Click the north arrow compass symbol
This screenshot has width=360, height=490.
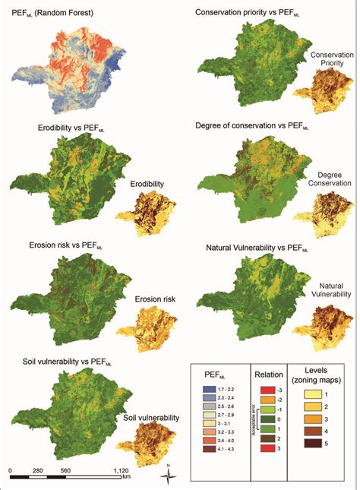point(173,477)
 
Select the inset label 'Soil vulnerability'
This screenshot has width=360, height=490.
point(151,418)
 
